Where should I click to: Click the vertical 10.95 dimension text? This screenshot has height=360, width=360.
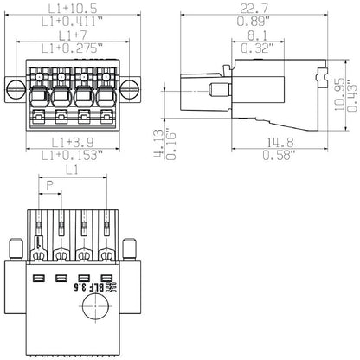pyautogui.click(x=340, y=89)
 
